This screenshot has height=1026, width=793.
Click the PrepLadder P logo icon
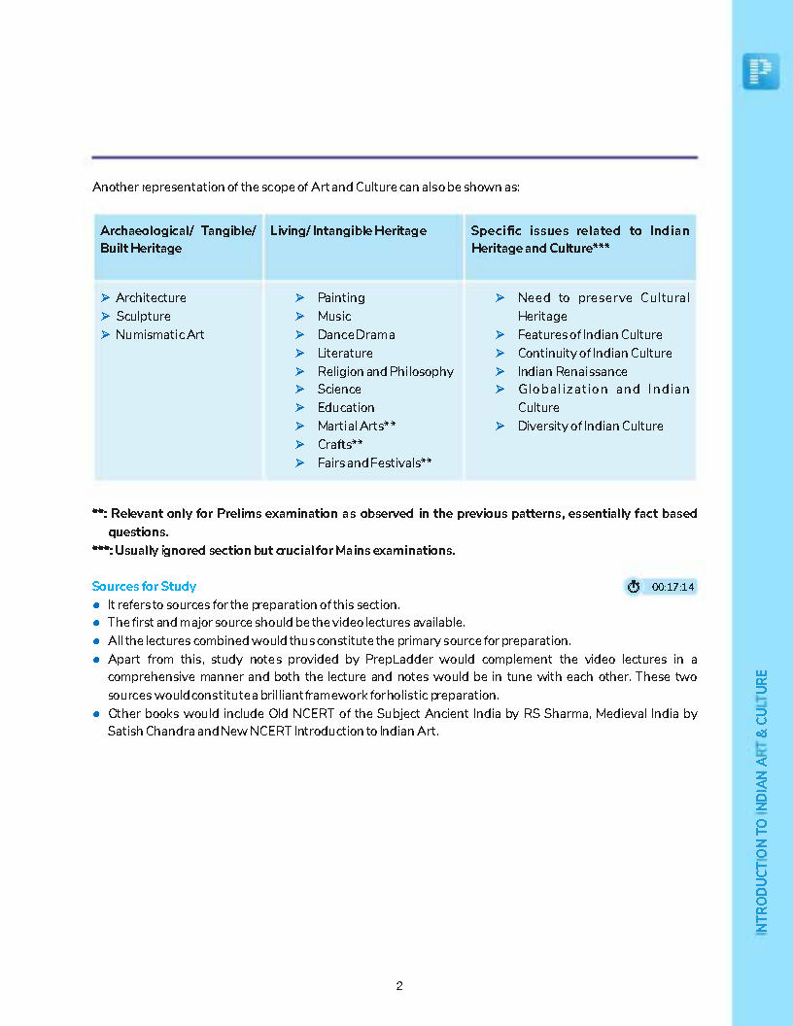click(761, 71)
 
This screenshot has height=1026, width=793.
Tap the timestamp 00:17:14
click(672, 587)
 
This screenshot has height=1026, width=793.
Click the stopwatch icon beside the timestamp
click(634, 587)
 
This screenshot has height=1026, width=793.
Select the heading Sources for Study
click(144, 586)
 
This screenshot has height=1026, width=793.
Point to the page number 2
click(399, 985)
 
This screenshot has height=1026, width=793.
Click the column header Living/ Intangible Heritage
click(348, 230)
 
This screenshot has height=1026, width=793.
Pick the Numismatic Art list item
click(159, 334)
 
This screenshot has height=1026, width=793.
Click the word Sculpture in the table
click(143, 316)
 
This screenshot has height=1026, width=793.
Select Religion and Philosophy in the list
click(385, 371)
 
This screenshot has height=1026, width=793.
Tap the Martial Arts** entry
click(356, 426)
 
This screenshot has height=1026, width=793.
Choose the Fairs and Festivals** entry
click(374, 462)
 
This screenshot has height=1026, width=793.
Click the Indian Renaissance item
click(572, 371)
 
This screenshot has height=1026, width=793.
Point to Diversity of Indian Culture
click(590, 426)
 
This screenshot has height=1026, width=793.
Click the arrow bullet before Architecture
click(105, 297)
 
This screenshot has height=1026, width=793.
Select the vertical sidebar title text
click(762, 802)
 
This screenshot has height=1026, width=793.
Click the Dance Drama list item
click(356, 334)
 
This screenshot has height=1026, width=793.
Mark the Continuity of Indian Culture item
click(594, 353)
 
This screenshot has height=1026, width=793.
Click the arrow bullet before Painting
click(300, 297)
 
